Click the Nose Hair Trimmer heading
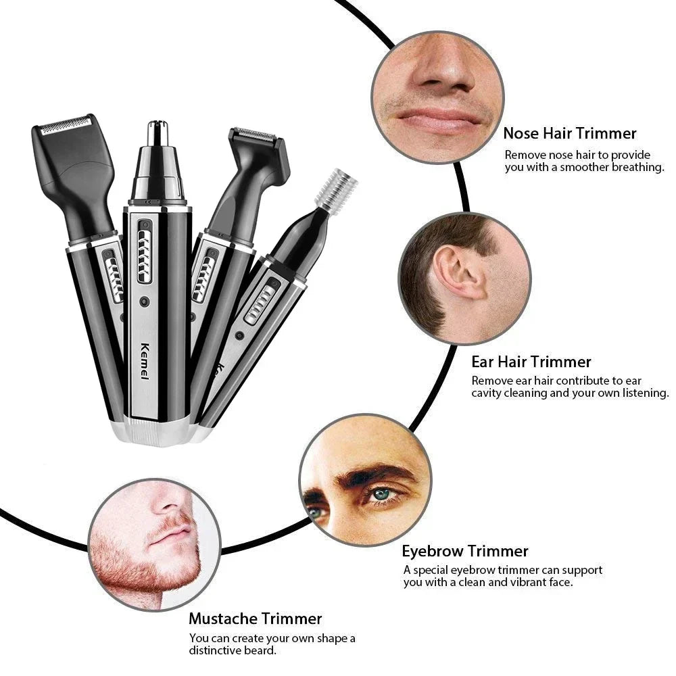coord(569,133)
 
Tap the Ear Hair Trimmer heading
coord(531,362)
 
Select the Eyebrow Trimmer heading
coord(465,551)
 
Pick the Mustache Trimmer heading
coord(255,618)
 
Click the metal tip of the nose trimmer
coord(157,132)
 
